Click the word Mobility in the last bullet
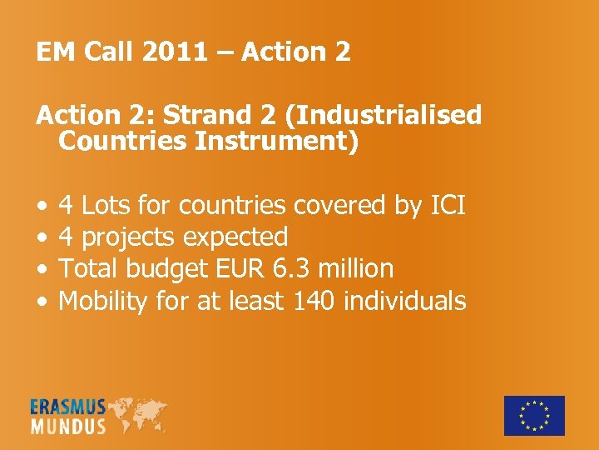click(x=104, y=300)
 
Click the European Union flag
click(x=534, y=415)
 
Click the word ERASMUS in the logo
click(x=68, y=407)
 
